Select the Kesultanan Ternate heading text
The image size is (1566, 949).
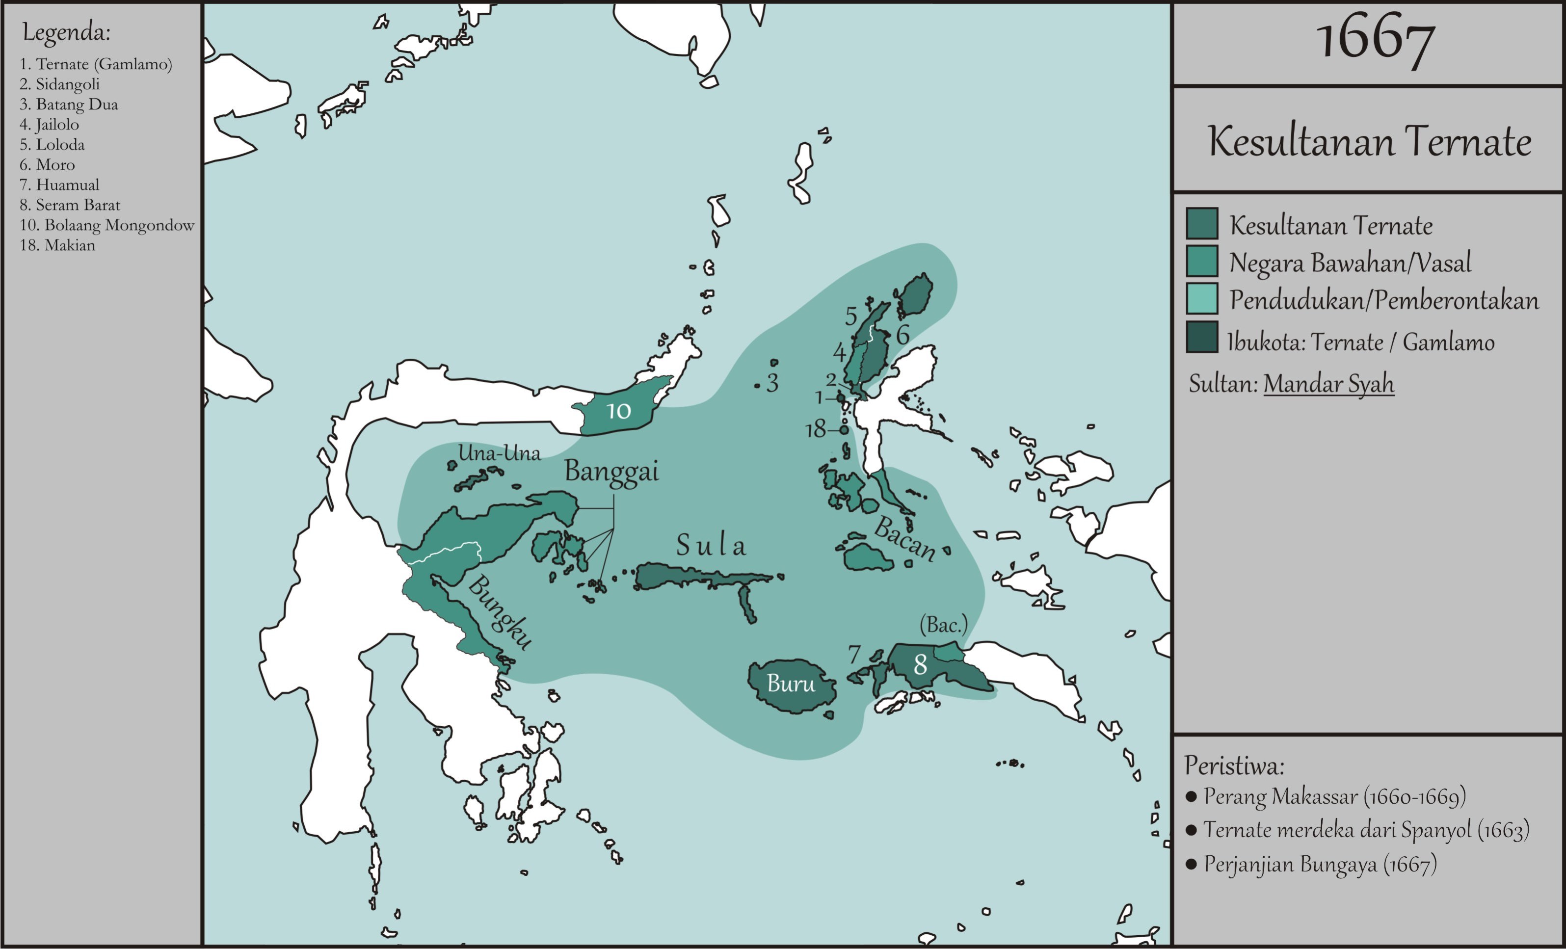coord(1369,141)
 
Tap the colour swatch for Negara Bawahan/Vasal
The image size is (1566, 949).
coord(1202,261)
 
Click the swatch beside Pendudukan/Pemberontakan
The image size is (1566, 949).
coord(1202,299)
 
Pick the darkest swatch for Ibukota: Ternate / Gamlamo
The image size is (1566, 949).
coord(1202,337)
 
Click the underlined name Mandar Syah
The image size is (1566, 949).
coord(1328,384)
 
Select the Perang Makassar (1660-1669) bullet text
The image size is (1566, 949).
coord(1334,796)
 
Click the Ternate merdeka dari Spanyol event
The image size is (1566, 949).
coord(1366,830)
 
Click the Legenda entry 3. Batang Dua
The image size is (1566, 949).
coord(69,104)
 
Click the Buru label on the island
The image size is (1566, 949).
coord(791,684)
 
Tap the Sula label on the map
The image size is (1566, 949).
coord(711,545)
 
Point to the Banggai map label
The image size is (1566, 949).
coord(611,472)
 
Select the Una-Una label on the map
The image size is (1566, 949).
coord(499,453)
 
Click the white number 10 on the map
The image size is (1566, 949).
coord(618,411)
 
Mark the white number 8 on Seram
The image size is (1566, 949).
coord(920,665)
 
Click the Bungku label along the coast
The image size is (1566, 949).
coord(500,612)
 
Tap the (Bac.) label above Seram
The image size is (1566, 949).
coord(943,626)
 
